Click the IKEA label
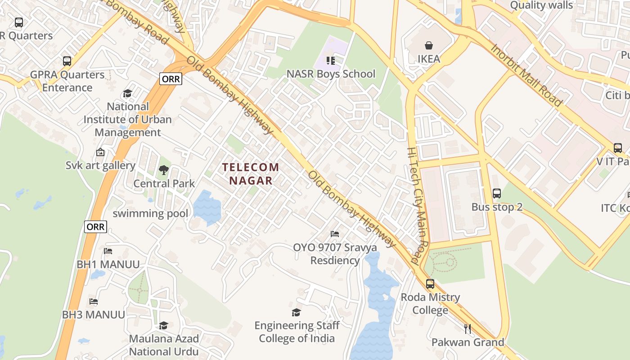point(428,59)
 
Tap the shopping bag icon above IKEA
point(428,45)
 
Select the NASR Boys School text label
point(331,74)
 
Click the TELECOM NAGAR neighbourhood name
point(251,174)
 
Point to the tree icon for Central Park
point(163,170)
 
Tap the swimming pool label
point(150,213)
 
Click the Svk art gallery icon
point(100,152)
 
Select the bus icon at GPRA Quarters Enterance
point(67,61)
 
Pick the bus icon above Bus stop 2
point(497,193)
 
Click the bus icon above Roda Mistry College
point(430,284)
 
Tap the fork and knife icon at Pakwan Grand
point(468,329)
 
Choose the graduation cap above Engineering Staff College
point(296,312)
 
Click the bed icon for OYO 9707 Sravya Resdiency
point(335,234)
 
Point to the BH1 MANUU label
point(108,264)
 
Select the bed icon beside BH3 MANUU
point(93,301)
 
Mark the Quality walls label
point(541,5)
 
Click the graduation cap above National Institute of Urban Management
point(127,93)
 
